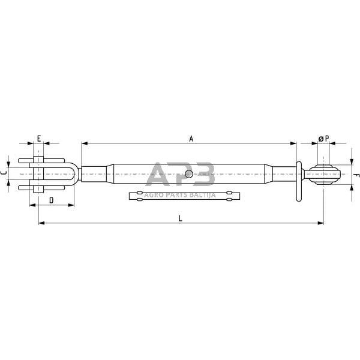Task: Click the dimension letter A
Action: [191, 139]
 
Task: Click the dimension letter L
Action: [180, 218]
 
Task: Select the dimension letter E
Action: [38, 139]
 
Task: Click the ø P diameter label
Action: [323, 139]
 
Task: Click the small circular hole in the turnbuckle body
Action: [189, 175]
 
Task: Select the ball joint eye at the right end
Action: [323, 175]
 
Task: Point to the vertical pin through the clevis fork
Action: [38, 174]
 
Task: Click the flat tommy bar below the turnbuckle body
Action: [185, 196]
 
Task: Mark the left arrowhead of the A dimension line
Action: [83, 144]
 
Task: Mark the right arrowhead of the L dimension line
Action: [321, 223]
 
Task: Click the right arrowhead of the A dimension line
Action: [294, 144]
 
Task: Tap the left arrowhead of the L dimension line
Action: [41, 223]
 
